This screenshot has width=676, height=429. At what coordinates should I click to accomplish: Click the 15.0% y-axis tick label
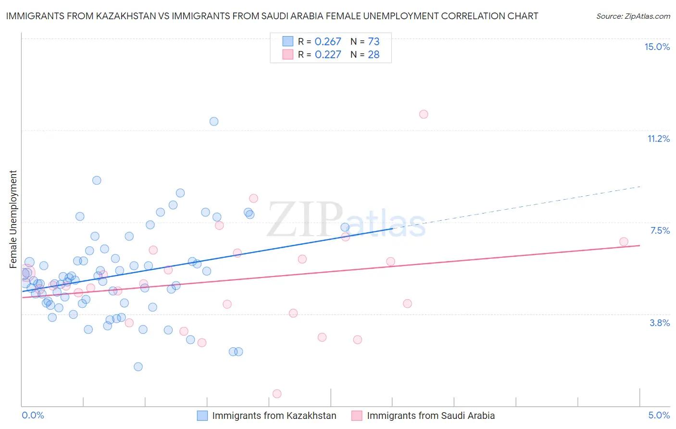(657, 47)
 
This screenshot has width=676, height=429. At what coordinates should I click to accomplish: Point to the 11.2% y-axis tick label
(658, 139)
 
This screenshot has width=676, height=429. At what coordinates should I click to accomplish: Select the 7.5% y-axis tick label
(660, 230)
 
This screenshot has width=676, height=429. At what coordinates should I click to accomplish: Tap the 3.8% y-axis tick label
(660, 323)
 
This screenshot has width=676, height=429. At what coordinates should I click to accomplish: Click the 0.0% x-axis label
(33, 415)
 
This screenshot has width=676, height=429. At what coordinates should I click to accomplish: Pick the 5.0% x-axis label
(659, 415)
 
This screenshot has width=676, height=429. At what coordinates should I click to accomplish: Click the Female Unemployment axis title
(13, 219)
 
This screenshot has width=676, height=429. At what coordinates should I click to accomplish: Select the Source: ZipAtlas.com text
(633, 16)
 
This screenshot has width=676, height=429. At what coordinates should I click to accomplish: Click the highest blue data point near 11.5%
(214, 121)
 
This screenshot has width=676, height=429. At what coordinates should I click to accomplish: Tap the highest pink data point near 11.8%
(424, 114)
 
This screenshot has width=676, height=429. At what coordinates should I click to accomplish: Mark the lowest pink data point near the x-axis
(277, 394)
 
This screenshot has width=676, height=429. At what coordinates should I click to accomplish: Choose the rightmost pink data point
(624, 241)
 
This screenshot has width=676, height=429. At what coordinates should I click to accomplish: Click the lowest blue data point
(138, 366)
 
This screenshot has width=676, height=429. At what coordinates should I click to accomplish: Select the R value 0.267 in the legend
(328, 42)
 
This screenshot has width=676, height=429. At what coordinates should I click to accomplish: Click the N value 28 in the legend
(374, 55)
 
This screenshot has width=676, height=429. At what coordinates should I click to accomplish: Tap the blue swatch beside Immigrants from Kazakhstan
(202, 416)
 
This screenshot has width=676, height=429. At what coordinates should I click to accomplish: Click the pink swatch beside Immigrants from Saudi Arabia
(357, 416)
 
